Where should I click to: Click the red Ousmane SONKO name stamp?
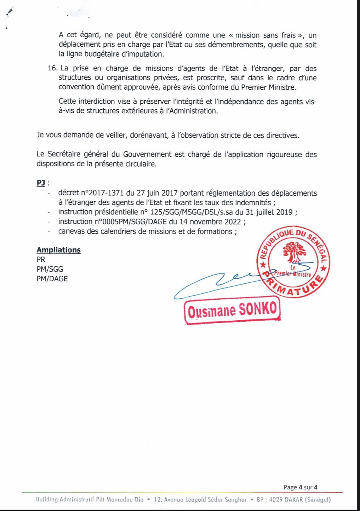[232, 310]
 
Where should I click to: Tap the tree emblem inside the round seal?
[294, 252]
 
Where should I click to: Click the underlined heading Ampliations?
[58, 250]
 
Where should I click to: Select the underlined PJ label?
[41, 183]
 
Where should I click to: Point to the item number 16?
[52, 68]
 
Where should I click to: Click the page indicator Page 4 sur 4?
[300, 487]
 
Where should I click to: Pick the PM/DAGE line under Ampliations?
[52, 279]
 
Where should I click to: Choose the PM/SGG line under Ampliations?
[50, 269]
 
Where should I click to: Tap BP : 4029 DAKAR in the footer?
[280, 500]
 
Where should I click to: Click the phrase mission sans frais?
[265, 35]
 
